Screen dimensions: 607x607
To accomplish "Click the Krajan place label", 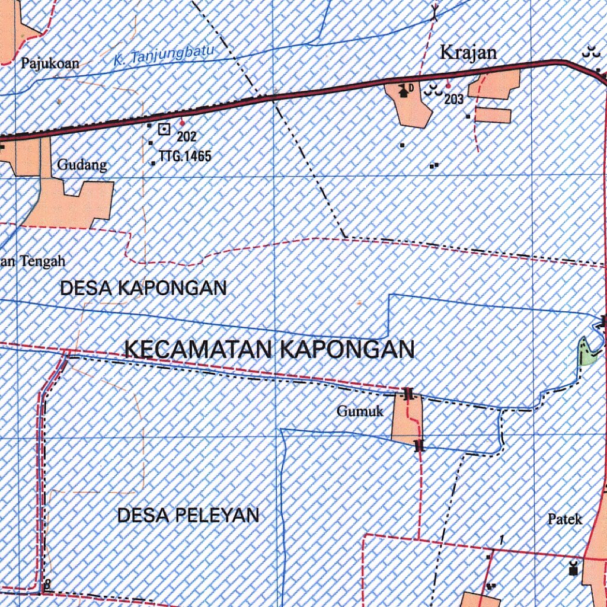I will coord(468,52).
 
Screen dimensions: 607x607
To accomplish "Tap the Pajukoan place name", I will coord(50,63).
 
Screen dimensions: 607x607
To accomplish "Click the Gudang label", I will coord(82,165).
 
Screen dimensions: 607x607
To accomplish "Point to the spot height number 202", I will coord(186,138).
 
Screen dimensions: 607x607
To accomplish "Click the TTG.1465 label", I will coord(185,156).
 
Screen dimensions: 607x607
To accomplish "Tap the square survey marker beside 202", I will coord(164,128).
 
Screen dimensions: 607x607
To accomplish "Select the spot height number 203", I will coord(453,100).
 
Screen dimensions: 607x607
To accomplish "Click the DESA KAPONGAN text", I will coord(143,288).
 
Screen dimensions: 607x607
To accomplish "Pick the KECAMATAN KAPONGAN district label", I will coord(270,349).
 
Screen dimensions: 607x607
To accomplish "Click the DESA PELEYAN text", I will coord(188,515).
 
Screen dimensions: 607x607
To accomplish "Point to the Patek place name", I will coord(564,520).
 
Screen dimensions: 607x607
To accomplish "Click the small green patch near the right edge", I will coord(587,352).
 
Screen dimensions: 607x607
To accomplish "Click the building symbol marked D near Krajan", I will coord(405,91).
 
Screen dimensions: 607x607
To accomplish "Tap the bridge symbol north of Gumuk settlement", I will coord(408,394).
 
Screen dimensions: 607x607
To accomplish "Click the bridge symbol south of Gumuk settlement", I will coord(420,445).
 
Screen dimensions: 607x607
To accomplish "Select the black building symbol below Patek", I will coord(573,568).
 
